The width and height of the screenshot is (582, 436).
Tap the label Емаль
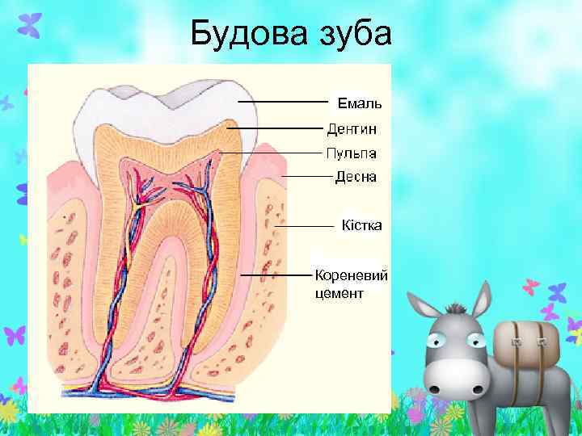tap(360, 103)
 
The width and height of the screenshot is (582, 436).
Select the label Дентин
tap(352, 128)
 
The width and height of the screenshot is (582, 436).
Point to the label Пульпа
tap(352, 153)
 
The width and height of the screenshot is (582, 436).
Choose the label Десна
tap(356, 177)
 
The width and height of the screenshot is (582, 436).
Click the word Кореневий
tap(351, 275)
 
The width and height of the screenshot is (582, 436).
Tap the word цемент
tap(339, 292)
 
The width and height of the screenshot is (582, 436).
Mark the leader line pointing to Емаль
tap(283, 103)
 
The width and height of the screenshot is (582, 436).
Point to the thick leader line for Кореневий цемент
tap(275, 275)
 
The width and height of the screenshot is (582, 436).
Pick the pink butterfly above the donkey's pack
tap(531, 287)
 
